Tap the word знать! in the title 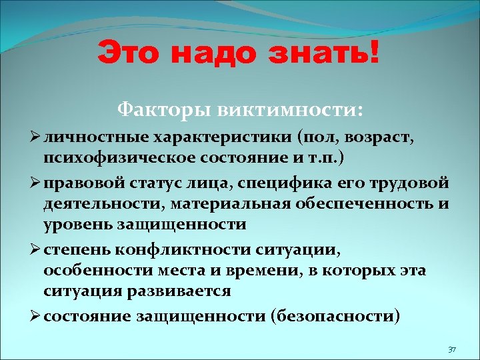(x=319, y=52)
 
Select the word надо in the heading (x=217, y=52)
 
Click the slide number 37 (x=451, y=349)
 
